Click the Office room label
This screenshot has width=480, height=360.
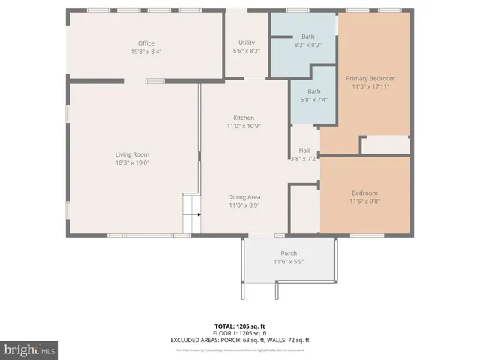point(145,43)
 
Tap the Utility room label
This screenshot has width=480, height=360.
point(247,43)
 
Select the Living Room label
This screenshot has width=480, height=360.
point(132,154)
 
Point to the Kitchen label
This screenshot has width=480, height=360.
point(244,118)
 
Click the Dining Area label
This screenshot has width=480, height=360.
point(244,197)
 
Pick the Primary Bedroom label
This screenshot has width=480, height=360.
point(370,78)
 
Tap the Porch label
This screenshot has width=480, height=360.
point(289,253)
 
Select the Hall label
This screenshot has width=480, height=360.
point(304,150)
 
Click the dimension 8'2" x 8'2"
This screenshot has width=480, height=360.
point(308,45)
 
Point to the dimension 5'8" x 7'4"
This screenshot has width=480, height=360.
point(314,100)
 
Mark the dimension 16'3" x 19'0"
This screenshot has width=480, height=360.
point(132,163)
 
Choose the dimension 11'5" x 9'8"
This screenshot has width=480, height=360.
point(364,201)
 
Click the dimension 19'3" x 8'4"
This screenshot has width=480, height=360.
point(145,52)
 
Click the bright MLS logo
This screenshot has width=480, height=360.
point(30,349)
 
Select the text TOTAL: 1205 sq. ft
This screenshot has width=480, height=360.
point(240,326)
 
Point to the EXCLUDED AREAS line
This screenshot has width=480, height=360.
point(240,340)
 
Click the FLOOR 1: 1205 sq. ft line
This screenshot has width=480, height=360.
point(240,333)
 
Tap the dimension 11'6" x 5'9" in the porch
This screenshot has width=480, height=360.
point(289,262)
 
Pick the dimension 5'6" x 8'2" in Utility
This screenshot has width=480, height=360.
point(247,51)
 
